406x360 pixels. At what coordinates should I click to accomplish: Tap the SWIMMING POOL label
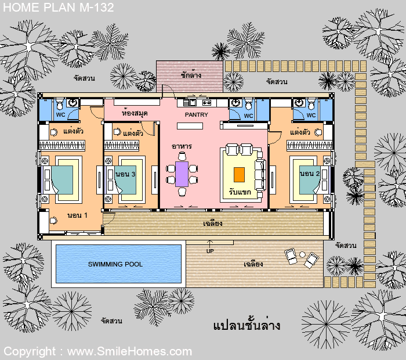115,264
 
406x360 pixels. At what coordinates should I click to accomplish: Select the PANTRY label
196,115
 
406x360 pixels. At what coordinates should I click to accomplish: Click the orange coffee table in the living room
239,174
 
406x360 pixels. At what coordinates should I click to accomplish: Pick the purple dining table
182,174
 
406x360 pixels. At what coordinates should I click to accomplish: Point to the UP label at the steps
209,251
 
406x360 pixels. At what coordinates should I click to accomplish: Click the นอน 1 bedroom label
77,215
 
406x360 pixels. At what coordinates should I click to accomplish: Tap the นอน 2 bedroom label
310,174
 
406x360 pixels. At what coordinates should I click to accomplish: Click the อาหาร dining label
182,146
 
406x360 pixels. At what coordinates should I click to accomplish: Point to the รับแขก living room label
240,192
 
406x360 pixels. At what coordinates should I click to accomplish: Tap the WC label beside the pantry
248,116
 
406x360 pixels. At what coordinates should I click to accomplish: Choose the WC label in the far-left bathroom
60,115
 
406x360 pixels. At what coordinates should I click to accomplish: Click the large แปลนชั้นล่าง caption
246,325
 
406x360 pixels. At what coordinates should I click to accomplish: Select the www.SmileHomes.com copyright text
129,351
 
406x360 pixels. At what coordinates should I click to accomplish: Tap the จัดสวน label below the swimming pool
111,321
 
